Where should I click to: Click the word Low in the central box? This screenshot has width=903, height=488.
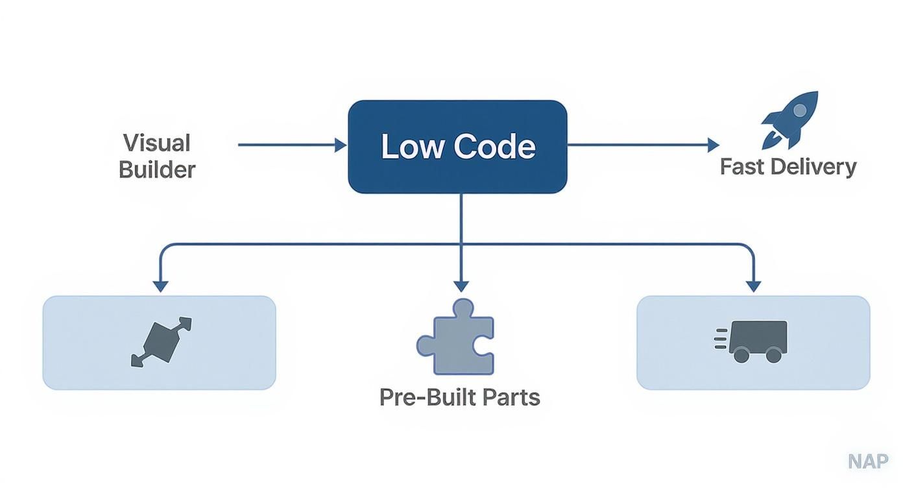(x=413, y=147)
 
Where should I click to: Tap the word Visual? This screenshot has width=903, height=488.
(x=156, y=143)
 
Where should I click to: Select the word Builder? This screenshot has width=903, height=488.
(x=157, y=170)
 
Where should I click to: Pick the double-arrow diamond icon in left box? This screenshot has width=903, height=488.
(x=162, y=342)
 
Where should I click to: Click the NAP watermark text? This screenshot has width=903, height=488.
(x=867, y=461)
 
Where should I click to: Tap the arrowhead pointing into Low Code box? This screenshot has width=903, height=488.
(x=341, y=145)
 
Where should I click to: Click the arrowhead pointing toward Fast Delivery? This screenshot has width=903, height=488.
(x=714, y=145)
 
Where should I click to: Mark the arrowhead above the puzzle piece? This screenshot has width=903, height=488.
(x=461, y=286)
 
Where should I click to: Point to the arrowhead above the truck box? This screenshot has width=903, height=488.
(x=753, y=286)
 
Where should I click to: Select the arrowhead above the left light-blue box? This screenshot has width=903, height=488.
(x=160, y=286)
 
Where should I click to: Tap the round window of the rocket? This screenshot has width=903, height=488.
(x=800, y=111)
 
